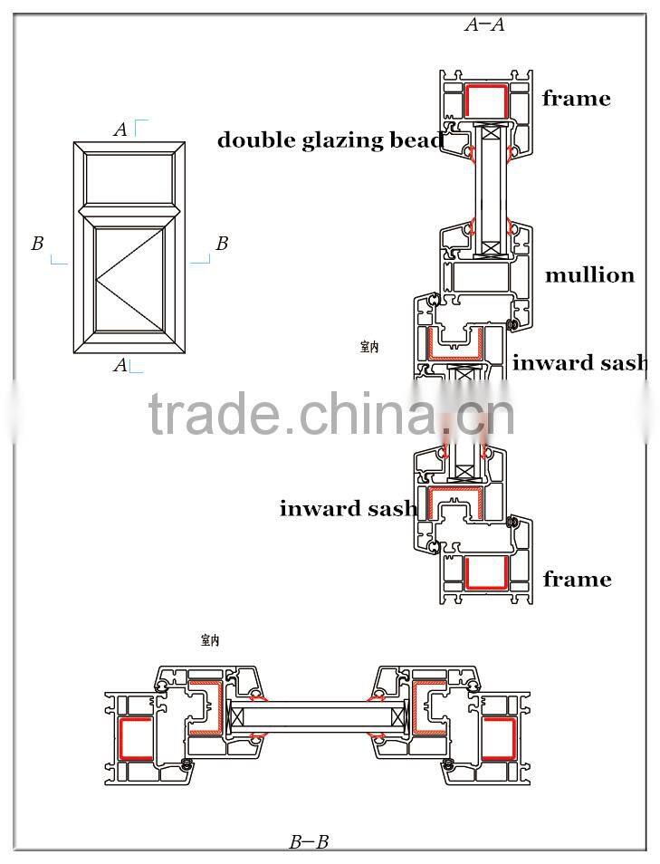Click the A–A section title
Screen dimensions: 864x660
(x=484, y=25)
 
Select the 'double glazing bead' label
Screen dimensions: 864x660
(x=330, y=139)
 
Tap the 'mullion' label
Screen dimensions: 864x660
(x=589, y=274)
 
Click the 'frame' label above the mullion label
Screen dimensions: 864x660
(x=577, y=98)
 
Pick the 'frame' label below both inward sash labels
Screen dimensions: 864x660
(x=577, y=578)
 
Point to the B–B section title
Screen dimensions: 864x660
(x=309, y=842)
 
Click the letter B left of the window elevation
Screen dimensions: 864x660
(x=37, y=244)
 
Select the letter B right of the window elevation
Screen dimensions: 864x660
(x=222, y=244)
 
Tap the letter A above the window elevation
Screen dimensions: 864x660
(x=120, y=130)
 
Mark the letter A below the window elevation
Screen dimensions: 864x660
(x=120, y=366)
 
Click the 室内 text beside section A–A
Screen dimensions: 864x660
(x=369, y=346)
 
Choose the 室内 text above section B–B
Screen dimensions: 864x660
(x=210, y=640)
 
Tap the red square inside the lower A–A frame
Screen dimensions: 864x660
(x=485, y=572)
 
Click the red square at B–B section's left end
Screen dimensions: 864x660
(x=136, y=737)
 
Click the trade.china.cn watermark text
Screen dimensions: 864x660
(x=331, y=414)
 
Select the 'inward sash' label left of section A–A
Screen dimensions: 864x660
(x=348, y=508)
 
